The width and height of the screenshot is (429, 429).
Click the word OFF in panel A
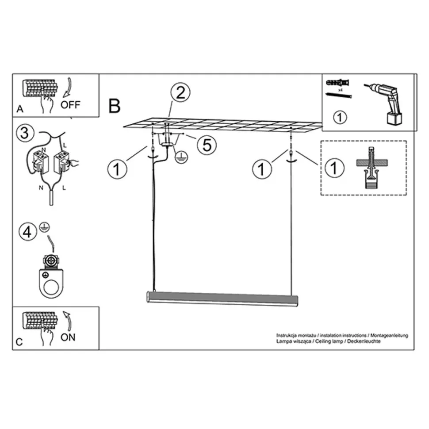70,104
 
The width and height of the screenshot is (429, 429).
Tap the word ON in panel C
68,337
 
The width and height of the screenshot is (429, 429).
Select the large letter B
115,106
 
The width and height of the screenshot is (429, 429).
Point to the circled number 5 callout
207,145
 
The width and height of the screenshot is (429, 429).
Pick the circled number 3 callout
25,133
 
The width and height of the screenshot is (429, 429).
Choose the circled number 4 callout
27,232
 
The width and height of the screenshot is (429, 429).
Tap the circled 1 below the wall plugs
340,117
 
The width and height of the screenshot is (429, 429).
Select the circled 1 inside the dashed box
334,168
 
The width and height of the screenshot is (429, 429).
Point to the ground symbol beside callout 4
44,227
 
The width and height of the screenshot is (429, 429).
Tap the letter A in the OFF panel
20,109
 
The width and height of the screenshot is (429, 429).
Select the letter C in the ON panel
19,342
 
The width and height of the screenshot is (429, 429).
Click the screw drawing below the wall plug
338,95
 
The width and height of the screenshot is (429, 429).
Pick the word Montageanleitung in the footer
389,335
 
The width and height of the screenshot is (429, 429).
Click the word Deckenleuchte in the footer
364,341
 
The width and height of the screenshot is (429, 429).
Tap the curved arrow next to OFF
67,88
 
